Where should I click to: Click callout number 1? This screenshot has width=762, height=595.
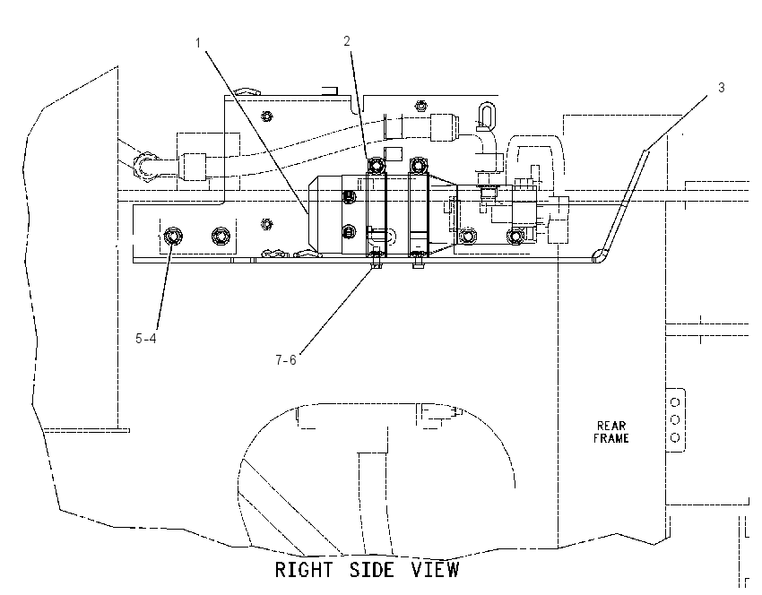(x=198, y=43)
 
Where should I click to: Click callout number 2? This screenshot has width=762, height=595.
(x=347, y=41)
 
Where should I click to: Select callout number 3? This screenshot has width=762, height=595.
(x=721, y=88)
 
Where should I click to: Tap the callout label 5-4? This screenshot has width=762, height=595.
(x=146, y=339)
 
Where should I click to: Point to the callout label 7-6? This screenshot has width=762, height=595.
(x=286, y=360)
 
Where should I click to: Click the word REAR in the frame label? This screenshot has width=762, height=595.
(x=611, y=426)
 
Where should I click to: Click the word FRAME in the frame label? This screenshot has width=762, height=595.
(x=611, y=438)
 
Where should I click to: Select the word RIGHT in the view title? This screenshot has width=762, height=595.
(x=304, y=570)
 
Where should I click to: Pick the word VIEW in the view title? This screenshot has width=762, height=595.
(x=436, y=570)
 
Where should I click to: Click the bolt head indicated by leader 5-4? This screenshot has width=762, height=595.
(x=172, y=237)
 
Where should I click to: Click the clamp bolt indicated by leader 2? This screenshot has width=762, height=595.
(x=377, y=166)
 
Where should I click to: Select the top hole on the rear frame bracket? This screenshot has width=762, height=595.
(x=675, y=402)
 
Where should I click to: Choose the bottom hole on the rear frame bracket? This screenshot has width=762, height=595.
(x=675, y=438)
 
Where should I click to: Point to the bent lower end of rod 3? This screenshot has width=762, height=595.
(x=599, y=255)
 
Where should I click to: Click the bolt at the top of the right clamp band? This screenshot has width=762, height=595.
(x=418, y=166)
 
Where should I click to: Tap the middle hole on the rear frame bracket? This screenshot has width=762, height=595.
(x=675, y=419)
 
